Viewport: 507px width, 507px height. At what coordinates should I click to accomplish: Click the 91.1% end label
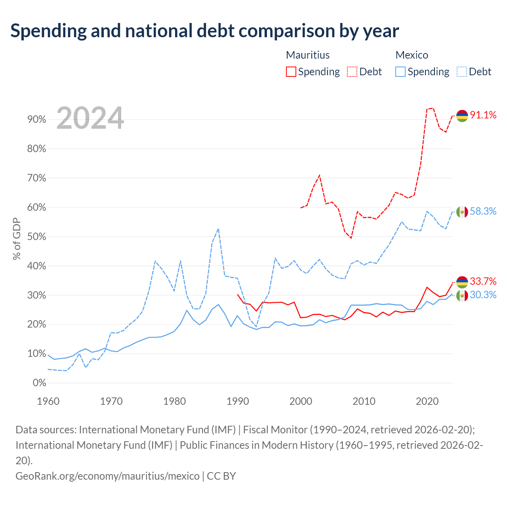click(483, 115)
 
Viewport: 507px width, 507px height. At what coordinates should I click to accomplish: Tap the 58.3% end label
click(483, 211)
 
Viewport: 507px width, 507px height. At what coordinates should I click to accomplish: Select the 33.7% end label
click(483, 281)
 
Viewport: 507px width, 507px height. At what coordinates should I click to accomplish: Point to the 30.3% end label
click(483, 295)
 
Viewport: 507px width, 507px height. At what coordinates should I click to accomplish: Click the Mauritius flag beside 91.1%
click(462, 116)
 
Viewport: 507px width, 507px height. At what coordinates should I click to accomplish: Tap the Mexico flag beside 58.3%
click(462, 212)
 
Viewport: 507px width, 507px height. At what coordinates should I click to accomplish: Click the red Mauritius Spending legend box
click(291, 72)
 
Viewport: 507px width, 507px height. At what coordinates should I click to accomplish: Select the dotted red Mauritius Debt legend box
click(352, 72)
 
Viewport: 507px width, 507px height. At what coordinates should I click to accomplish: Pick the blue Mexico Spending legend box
click(400, 72)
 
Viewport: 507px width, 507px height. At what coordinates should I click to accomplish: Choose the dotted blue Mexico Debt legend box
click(462, 72)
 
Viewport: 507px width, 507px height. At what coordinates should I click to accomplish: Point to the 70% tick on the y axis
click(36, 178)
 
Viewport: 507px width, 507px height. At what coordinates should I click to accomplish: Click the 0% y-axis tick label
click(40, 383)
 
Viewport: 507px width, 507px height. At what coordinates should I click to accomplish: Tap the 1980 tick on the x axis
click(174, 402)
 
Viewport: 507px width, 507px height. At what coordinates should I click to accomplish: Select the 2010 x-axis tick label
click(364, 402)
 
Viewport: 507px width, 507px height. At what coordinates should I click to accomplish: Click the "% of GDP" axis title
click(17, 238)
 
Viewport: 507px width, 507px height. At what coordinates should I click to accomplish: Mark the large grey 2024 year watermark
click(90, 118)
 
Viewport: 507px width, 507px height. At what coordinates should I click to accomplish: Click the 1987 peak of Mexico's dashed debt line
click(218, 229)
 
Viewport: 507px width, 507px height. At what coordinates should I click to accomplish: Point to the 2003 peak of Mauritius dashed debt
click(319, 175)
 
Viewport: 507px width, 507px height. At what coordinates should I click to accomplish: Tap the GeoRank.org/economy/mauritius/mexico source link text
click(108, 476)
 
